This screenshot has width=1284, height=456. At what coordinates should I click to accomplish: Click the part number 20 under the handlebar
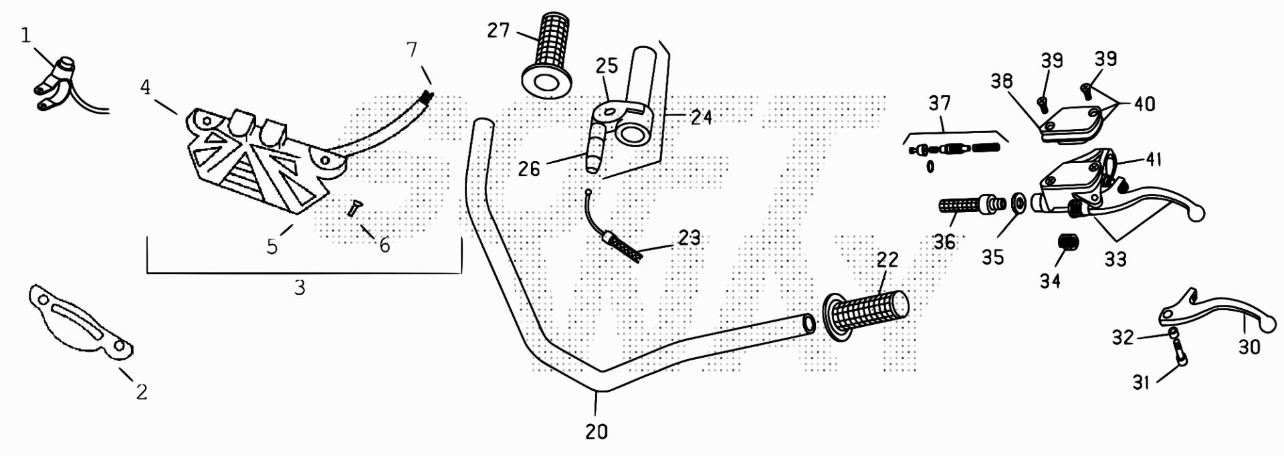597,432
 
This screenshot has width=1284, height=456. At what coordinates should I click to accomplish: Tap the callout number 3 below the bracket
300,288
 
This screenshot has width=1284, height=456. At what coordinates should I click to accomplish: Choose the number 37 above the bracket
940,104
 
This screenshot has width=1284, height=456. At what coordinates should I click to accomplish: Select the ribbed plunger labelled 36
968,205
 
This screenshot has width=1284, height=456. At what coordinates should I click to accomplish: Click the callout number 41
1153,160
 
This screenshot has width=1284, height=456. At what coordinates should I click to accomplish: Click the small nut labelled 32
1172,332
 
